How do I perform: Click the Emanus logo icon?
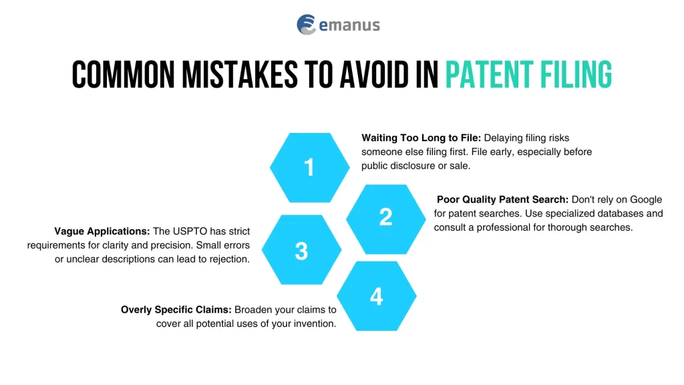[307, 25]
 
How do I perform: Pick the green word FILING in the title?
[576, 74]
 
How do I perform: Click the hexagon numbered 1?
[309, 168]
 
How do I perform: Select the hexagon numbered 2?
[385, 217]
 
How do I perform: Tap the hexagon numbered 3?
[301, 251]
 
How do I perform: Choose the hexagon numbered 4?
[376, 296]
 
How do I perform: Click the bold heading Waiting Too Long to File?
[421, 138]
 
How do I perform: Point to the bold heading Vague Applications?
[102, 231]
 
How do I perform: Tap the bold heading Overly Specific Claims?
[176, 309]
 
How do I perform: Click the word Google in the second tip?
[645, 199]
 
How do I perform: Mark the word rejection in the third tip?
[227, 259]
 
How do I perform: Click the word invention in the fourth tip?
[313, 324]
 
